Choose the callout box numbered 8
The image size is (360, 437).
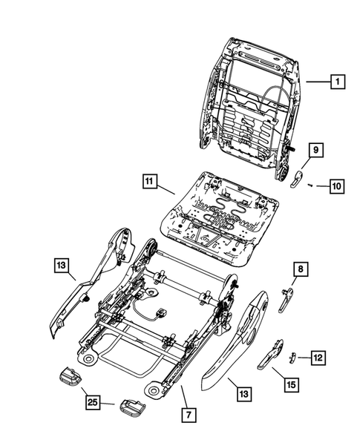pyautogui.click(x=301, y=269)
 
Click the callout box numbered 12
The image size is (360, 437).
pyautogui.click(x=317, y=358)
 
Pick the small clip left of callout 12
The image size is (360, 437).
pyautogui.click(x=292, y=357)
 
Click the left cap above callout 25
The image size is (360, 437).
pyautogui.click(x=69, y=375)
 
